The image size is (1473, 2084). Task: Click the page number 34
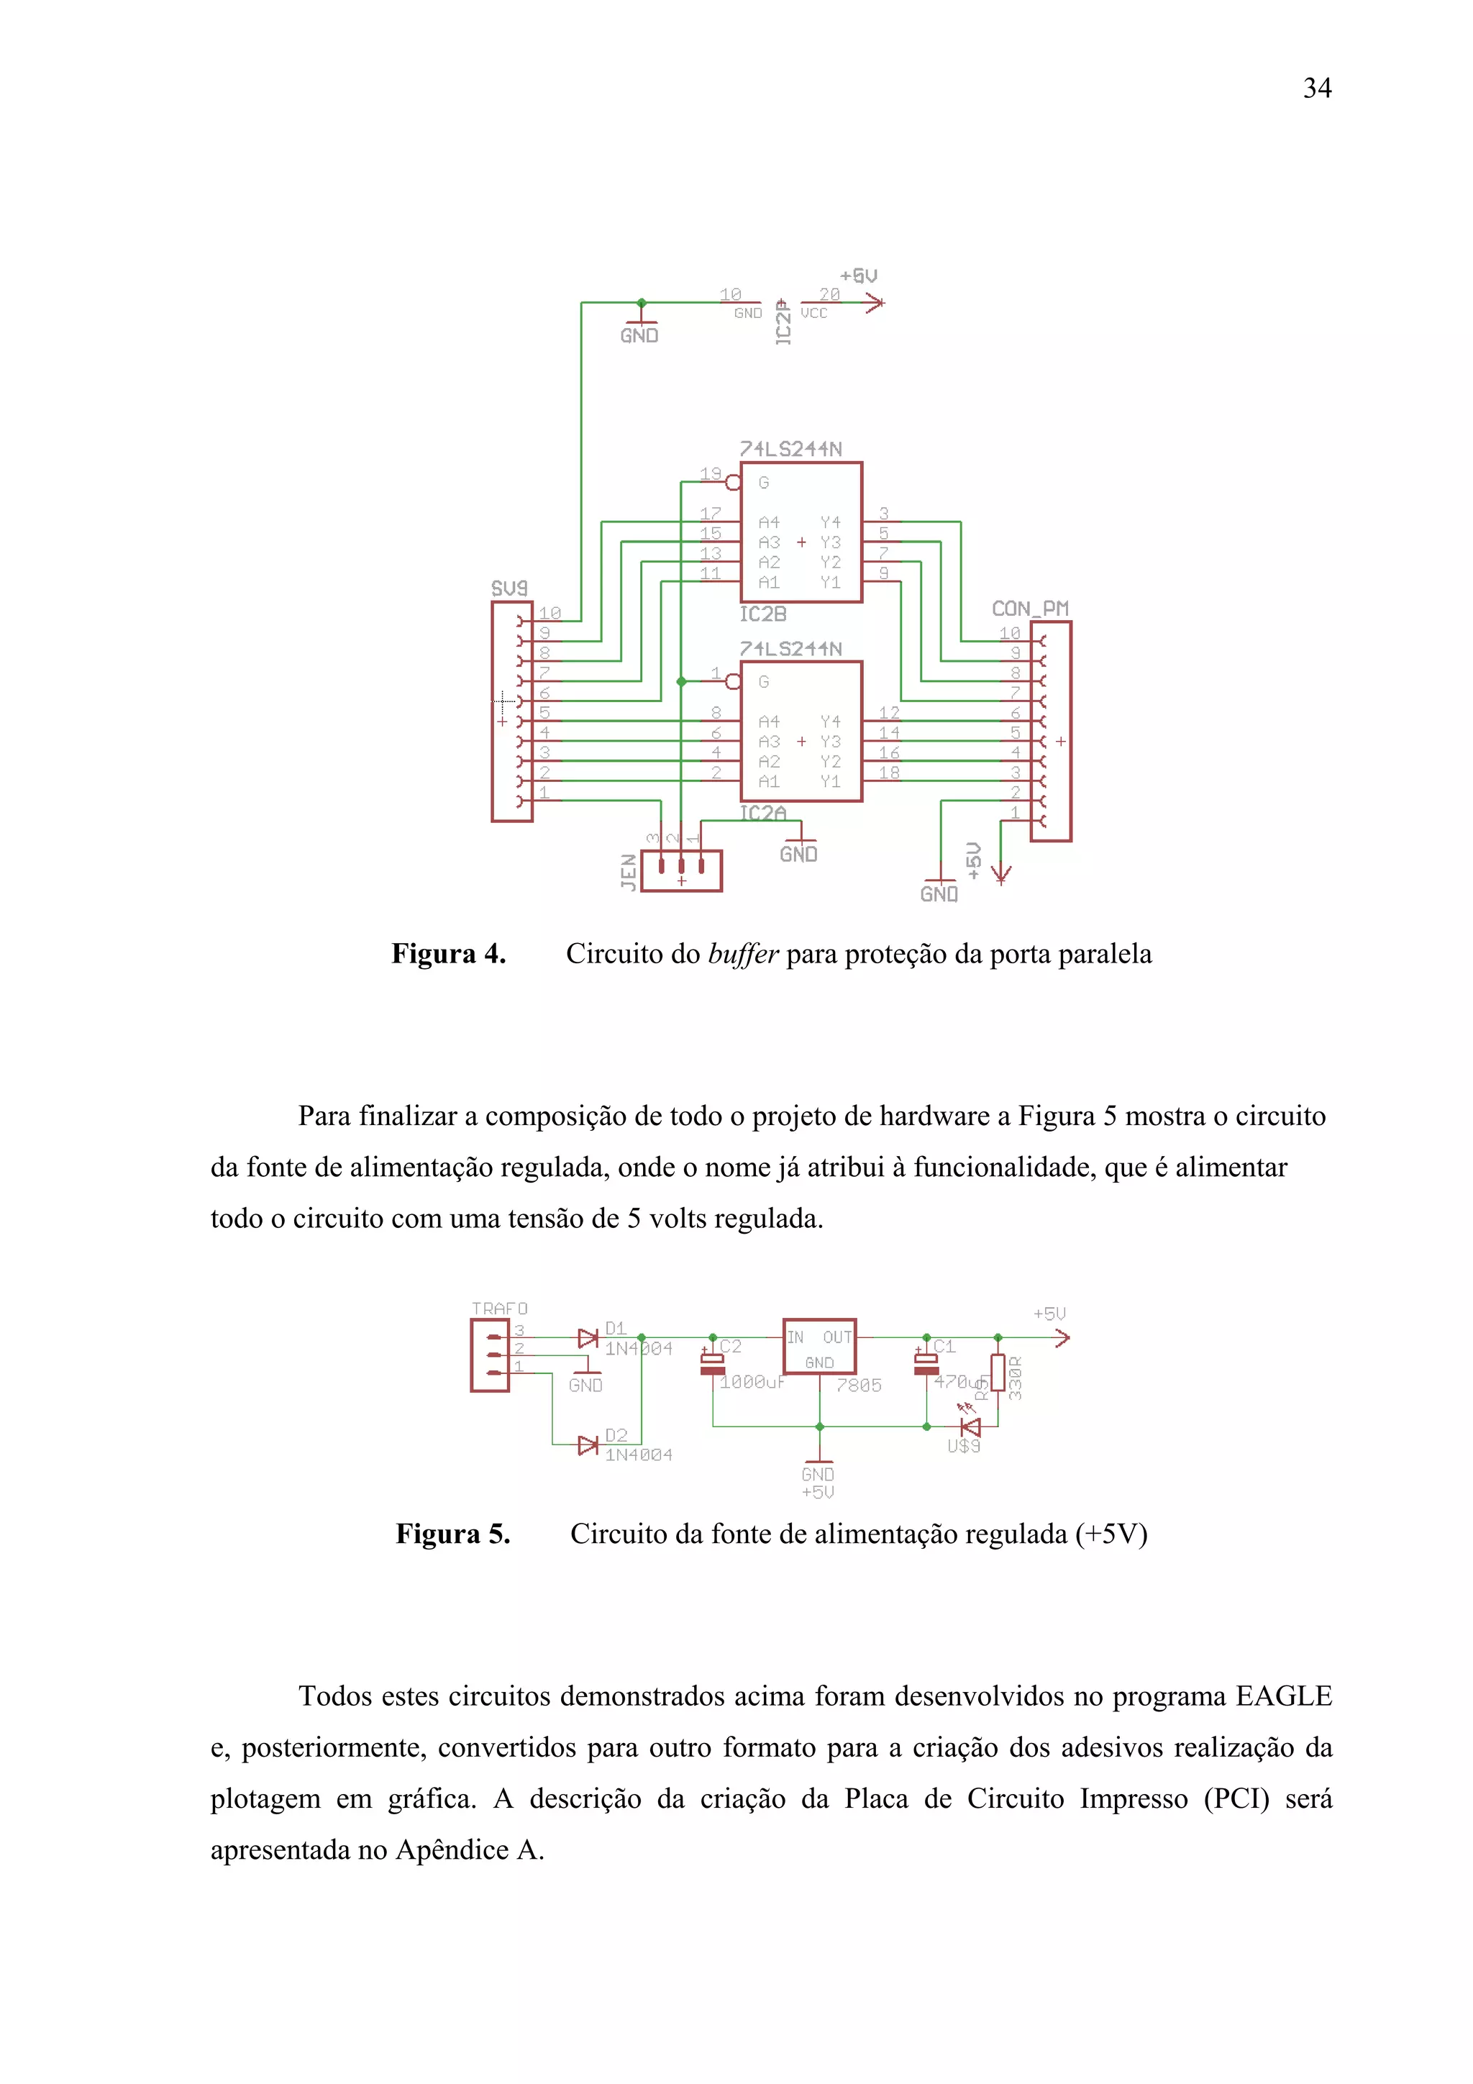[x=1317, y=88]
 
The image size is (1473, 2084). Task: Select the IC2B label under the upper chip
[x=762, y=614]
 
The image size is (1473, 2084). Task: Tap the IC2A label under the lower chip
[x=762, y=814]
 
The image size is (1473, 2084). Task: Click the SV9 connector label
[x=509, y=588]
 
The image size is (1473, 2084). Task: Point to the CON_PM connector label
[x=1030, y=608]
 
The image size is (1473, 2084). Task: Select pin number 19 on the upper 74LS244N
[x=710, y=474]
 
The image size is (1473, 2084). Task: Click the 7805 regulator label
[x=859, y=1385]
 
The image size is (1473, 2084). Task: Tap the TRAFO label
[x=499, y=1308]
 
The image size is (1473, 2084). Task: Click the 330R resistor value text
[x=1016, y=1378]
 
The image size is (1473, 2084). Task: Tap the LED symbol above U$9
[x=971, y=1427]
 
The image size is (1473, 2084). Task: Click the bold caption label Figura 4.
[x=448, y=954]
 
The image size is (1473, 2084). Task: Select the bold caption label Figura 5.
[x=453, y=1534]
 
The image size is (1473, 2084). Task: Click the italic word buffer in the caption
[x=742, y=954]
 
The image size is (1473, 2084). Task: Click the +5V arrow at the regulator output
[x=1061, y=1337]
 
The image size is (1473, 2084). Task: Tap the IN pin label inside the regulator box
[x=795, y=1337]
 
